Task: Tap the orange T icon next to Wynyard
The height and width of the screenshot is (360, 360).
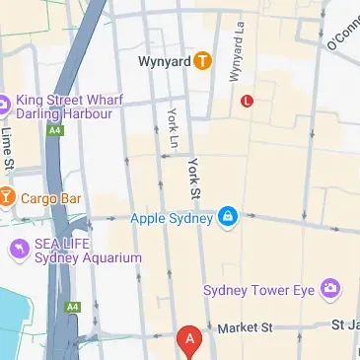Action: [202, 61]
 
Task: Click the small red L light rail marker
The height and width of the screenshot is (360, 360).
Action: [248, 100]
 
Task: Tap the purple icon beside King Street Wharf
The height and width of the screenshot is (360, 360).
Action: [3, 103]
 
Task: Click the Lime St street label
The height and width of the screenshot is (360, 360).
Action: [9, 147]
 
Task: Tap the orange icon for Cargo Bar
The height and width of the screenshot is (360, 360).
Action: [7, 197]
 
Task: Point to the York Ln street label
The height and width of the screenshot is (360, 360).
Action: [173, 128]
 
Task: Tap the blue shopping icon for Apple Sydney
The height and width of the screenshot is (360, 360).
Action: [228, 216]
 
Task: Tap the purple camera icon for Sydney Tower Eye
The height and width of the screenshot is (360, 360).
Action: [330, 289]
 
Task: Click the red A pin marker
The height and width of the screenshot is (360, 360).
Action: [189, 340]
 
